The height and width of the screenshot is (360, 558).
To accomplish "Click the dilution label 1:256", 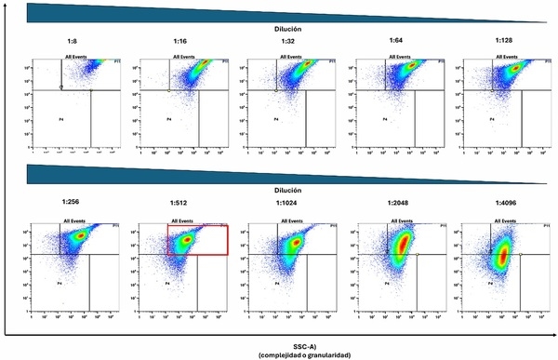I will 72,203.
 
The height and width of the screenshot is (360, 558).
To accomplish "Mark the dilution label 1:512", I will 179,203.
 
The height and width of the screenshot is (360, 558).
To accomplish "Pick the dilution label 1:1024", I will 287,203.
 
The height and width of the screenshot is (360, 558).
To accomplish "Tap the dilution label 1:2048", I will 395,203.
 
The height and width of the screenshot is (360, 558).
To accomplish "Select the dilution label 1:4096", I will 502,203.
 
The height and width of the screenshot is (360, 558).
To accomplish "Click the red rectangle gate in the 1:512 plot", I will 197,239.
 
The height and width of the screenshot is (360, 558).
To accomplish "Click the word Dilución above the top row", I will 287,29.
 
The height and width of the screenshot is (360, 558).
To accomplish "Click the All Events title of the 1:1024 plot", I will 292,221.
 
